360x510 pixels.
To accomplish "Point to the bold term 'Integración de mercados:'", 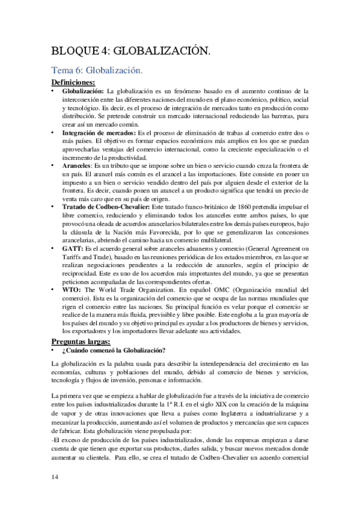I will click(x=99, y=132).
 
